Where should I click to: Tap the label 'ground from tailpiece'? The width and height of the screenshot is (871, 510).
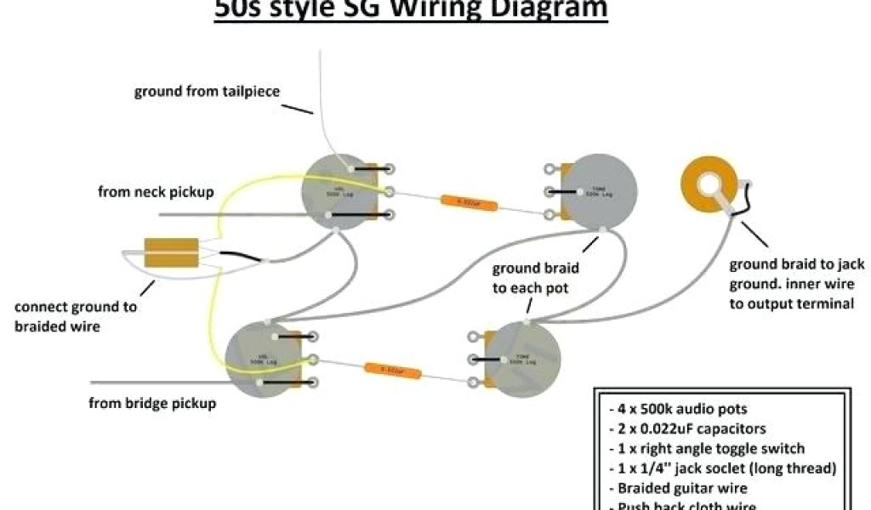[x=207, y=91]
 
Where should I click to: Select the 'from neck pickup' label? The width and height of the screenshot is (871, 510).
[x=156, y=192]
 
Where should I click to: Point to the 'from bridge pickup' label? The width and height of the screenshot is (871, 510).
[x=152, y=403]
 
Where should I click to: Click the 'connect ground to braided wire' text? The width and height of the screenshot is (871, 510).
[x=75, y=316]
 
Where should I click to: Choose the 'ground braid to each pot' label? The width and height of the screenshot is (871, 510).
[x=536, y=278]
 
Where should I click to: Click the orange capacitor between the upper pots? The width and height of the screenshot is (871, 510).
[x=468, y=202]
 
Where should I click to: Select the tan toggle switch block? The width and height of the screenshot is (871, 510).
[x=171, y=252]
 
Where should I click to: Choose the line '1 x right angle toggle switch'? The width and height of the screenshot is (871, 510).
[x=707, y=448]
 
